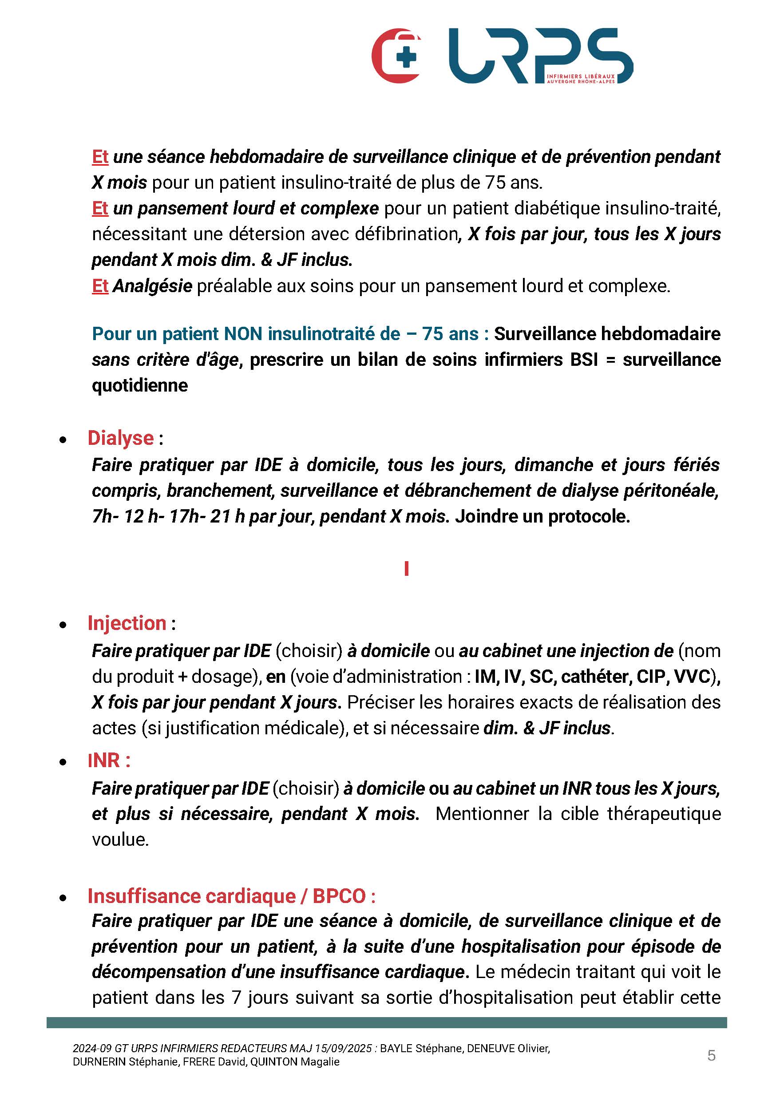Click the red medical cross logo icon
[x=396, y=56]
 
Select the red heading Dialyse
[x=120, y=438]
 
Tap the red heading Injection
[x=127, y=623]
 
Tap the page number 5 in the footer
[x=711, y=1055]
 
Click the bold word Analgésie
[x=153, y=286]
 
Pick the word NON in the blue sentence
[x=244, y=334]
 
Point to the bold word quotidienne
[x=140, y=385]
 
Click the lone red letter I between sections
[x=407, y=569]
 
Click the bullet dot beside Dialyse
[x=63, y=440]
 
